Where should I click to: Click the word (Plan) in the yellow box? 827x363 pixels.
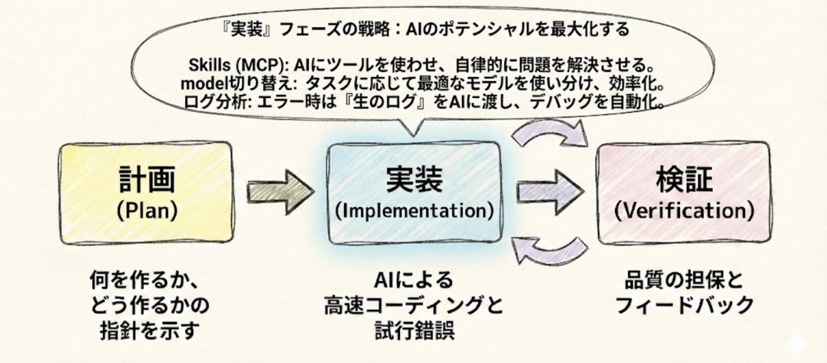pyautogui.click(x=147, y=211)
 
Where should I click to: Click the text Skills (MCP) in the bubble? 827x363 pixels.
pyautogui.click(x=236, y=65)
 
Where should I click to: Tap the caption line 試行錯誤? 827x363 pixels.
pyautogui.click(x=414, y=330)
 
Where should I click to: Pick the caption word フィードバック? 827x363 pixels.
pyautogui.click(x=684, y=305)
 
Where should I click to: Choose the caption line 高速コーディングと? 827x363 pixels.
pyautogui.click(x=413, y=305)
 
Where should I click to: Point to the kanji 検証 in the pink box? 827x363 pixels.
pyautogui.click(x=684, y=180)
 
